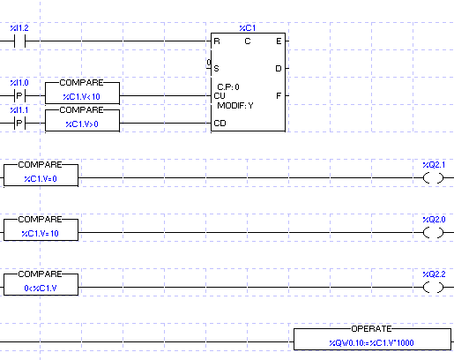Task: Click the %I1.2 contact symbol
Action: click(19, 41)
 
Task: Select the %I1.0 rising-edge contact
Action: click(19, 95)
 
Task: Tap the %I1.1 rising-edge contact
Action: click(19, 123)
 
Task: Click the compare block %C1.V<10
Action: click(82, 93)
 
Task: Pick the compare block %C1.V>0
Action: click(82, 120)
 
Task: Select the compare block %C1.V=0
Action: click(41, 175)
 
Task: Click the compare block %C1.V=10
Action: click(41, 229)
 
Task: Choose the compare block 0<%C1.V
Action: click(41, 284)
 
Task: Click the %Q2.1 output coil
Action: click(433, 178)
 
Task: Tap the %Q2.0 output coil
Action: click(433, 233)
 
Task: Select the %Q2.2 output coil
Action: click(433, 288)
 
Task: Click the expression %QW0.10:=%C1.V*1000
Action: click(371, 343)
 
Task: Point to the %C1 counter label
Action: click(248, 28)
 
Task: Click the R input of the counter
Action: click(217, 41)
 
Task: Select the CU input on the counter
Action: click(220, 96)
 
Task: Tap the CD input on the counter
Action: click(220, 124)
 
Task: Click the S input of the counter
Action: click(217, 69)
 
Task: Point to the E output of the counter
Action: click(279, 41)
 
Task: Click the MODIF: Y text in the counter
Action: click(235, 106)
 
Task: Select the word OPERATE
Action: click(371, 328)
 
